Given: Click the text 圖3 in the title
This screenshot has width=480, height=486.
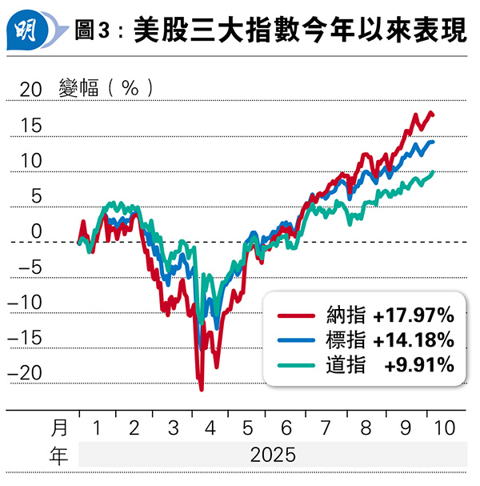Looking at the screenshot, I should coord(93,34).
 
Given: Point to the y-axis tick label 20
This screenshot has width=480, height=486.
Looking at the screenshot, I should coord(30,90).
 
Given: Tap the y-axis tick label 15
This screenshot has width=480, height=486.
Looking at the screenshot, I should coord(30,126).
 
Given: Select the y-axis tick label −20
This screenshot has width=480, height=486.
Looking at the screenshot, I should coord(24,373).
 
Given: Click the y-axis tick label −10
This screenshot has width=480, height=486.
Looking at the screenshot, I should coord(24,303).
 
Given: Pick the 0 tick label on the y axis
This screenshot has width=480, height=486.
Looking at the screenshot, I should coord(35,231).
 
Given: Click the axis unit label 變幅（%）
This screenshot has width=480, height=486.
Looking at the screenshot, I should coord(105,88).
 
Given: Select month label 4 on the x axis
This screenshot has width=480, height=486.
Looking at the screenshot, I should coord(210,428).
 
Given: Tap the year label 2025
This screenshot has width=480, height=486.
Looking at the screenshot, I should coord(273,456).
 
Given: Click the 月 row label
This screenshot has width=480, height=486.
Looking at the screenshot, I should coord(59,428).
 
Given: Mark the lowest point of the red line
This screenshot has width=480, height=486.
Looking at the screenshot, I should coord(201,390).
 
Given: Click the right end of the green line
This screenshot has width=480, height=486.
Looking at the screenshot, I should coord(434,171).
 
